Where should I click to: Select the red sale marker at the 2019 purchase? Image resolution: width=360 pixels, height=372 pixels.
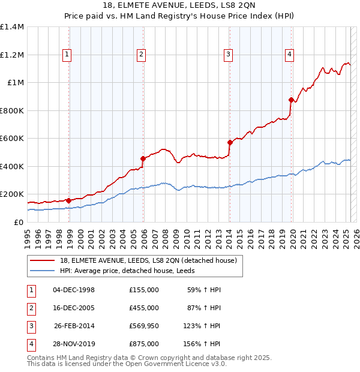tap(291, 100)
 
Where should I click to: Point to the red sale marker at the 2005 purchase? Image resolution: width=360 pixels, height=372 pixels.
tap(143, 158)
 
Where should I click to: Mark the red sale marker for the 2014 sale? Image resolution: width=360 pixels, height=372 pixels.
tap(230, 142)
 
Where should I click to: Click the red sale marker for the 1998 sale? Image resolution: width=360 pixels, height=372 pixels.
tap(68, 200)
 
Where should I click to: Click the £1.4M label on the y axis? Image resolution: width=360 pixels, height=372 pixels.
tap(12, 27)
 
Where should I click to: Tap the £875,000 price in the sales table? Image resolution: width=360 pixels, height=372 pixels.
tap(144, 344)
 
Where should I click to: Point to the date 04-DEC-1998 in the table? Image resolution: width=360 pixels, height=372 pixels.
tap(74, 290)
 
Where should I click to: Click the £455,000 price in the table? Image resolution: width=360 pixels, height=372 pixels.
tap(144, 308)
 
